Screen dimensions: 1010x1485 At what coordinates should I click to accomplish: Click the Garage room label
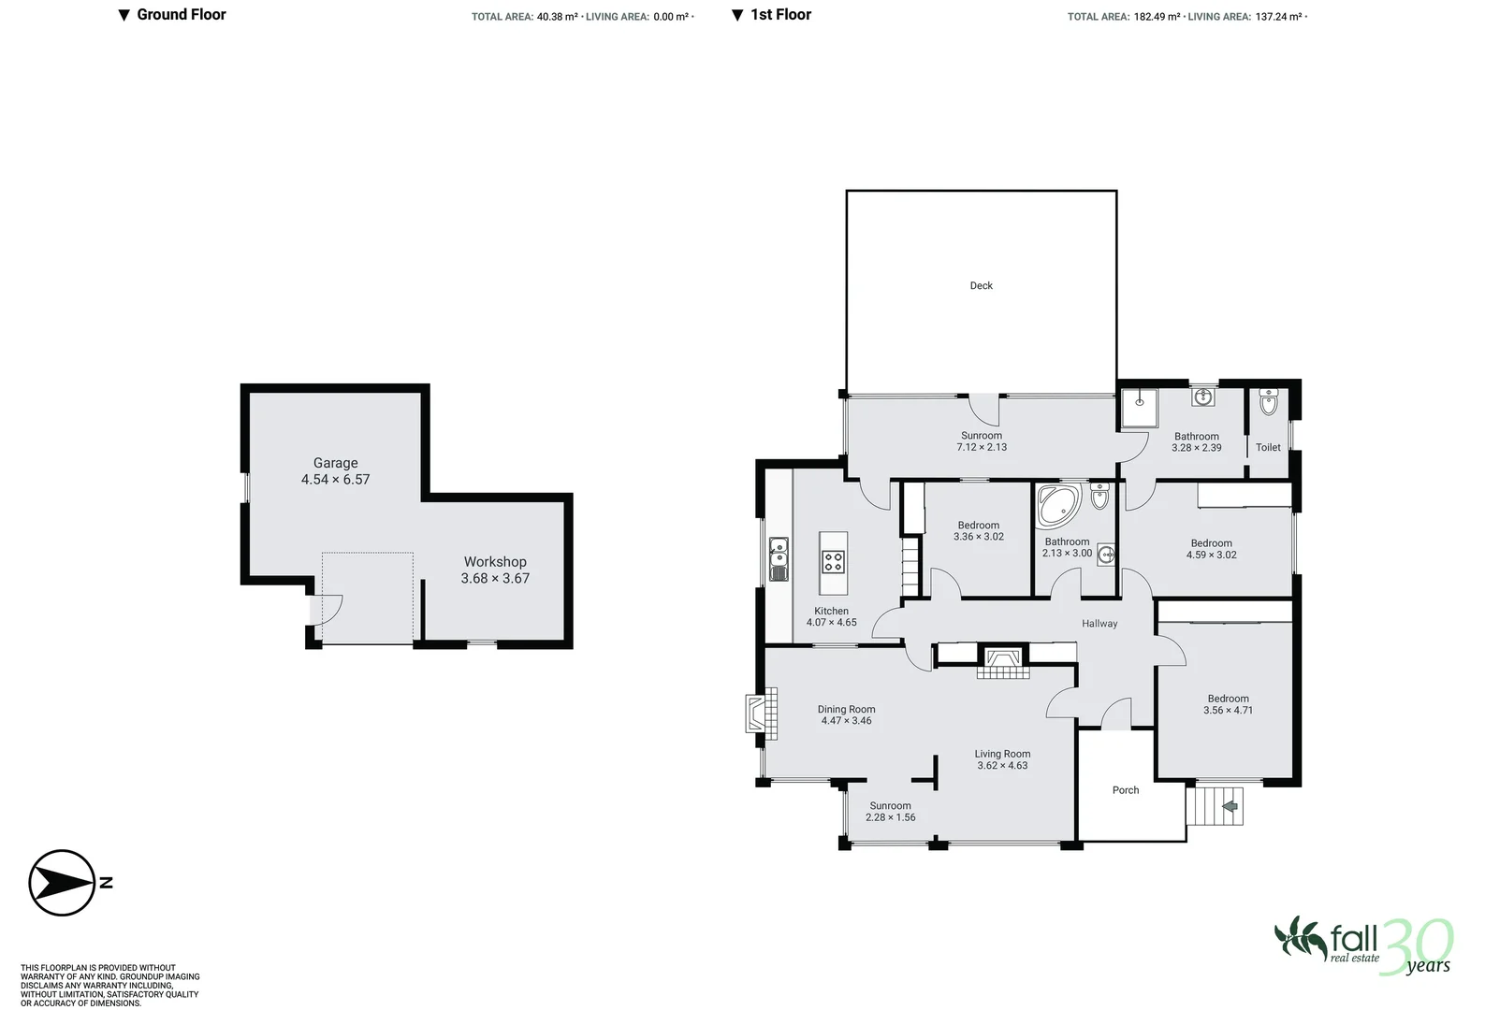coord(335,463)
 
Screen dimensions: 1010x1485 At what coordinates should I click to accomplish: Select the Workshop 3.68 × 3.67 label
coord(495,570)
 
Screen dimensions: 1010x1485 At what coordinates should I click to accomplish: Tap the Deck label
coord(981,286)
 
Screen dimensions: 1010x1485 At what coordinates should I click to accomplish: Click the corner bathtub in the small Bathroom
coord(1057,504)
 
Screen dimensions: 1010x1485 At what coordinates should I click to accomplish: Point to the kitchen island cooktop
coord(833,562)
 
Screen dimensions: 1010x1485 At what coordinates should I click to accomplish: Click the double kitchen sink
coord(779,558)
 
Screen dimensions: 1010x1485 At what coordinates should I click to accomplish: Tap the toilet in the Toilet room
coord(1268,404)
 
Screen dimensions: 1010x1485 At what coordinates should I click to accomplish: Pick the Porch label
coord(1126,790)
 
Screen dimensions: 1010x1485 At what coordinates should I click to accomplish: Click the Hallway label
coord(1099,624)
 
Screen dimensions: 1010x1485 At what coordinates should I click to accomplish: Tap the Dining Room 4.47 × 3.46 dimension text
coord(846,721)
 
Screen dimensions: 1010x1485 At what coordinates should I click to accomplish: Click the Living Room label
coord(1002,754)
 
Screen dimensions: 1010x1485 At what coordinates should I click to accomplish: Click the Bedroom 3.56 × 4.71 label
coord(1228,704)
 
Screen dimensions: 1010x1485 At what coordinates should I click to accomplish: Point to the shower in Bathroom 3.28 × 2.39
coord(1139,407)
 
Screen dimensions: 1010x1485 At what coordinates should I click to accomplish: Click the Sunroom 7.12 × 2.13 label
coord(981,441)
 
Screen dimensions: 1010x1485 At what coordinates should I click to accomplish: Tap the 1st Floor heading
coord(780,15)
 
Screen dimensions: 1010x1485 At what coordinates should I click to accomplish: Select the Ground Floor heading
coord(181,15)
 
